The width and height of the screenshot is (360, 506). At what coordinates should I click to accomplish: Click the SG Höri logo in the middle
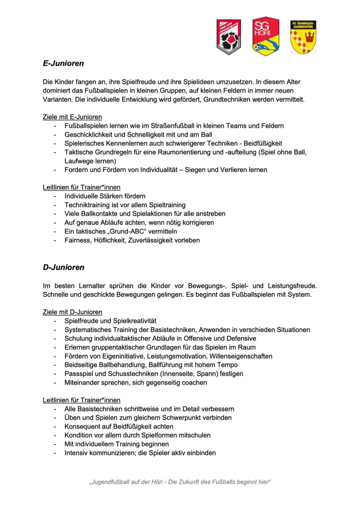[266, 36]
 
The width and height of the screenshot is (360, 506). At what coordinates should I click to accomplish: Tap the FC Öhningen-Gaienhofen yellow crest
[303, 37]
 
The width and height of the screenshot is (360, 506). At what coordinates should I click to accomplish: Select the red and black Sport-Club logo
[228, 37]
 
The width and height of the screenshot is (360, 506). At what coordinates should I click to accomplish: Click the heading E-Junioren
[64, 63]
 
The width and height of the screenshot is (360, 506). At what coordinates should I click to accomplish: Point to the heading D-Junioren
[64, 267]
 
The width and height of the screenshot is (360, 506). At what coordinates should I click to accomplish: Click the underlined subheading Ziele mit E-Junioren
[72, 117]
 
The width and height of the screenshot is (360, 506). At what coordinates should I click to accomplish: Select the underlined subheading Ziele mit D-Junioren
[72, 312]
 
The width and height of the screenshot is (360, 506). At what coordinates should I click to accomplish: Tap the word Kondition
[79, 435]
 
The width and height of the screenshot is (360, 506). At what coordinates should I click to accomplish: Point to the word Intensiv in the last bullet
[77, 453]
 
